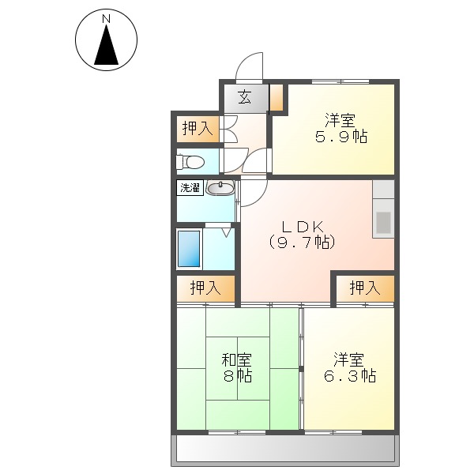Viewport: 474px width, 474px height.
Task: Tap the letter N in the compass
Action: click(107, 17)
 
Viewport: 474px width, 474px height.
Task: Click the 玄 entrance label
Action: click(245, 99)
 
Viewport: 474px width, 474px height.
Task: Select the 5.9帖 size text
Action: click(340, 136)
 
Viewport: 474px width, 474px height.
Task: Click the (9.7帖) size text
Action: click(302, 243)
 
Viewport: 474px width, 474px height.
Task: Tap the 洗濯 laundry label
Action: click(190, 188)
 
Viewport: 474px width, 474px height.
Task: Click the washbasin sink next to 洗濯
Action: click(220, 188)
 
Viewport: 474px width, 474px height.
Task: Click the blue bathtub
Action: click(189, 248)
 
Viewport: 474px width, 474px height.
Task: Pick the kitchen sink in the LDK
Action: click(383, 224)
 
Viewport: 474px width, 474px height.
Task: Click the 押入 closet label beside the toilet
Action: click(196, 129)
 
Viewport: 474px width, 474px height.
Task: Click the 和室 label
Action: click(237, 359)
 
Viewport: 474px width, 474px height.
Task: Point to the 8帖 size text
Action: click(237, 377)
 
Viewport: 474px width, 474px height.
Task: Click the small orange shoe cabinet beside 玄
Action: click(276, 99)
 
